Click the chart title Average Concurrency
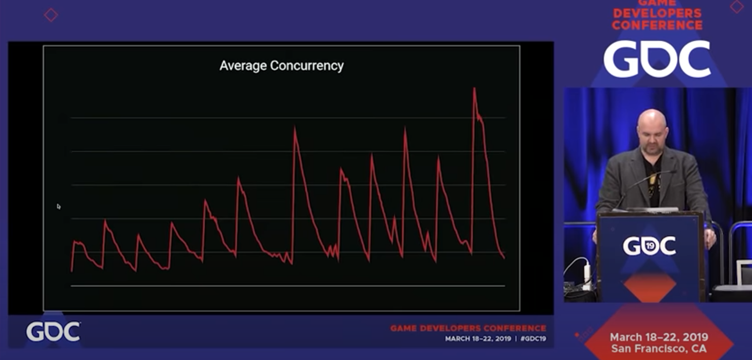(x=281, y=66)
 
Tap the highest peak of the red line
(x=474, y=89)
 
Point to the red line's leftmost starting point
(x=72, y=271)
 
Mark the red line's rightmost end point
(x=504, y=258)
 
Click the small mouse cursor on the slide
(x=58, y=206)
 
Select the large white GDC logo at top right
(x=657, y=58)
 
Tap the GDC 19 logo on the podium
(x=649, y=246)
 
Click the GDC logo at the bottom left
(x=53, y=332)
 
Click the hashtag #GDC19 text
(x=533, y=339)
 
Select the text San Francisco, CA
(x=659, y=349)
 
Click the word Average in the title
(x=243, y=66)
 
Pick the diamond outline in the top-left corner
(x=51, y=15)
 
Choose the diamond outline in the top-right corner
(x=737, y=6)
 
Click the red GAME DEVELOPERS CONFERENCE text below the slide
(x=468, y=328)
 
